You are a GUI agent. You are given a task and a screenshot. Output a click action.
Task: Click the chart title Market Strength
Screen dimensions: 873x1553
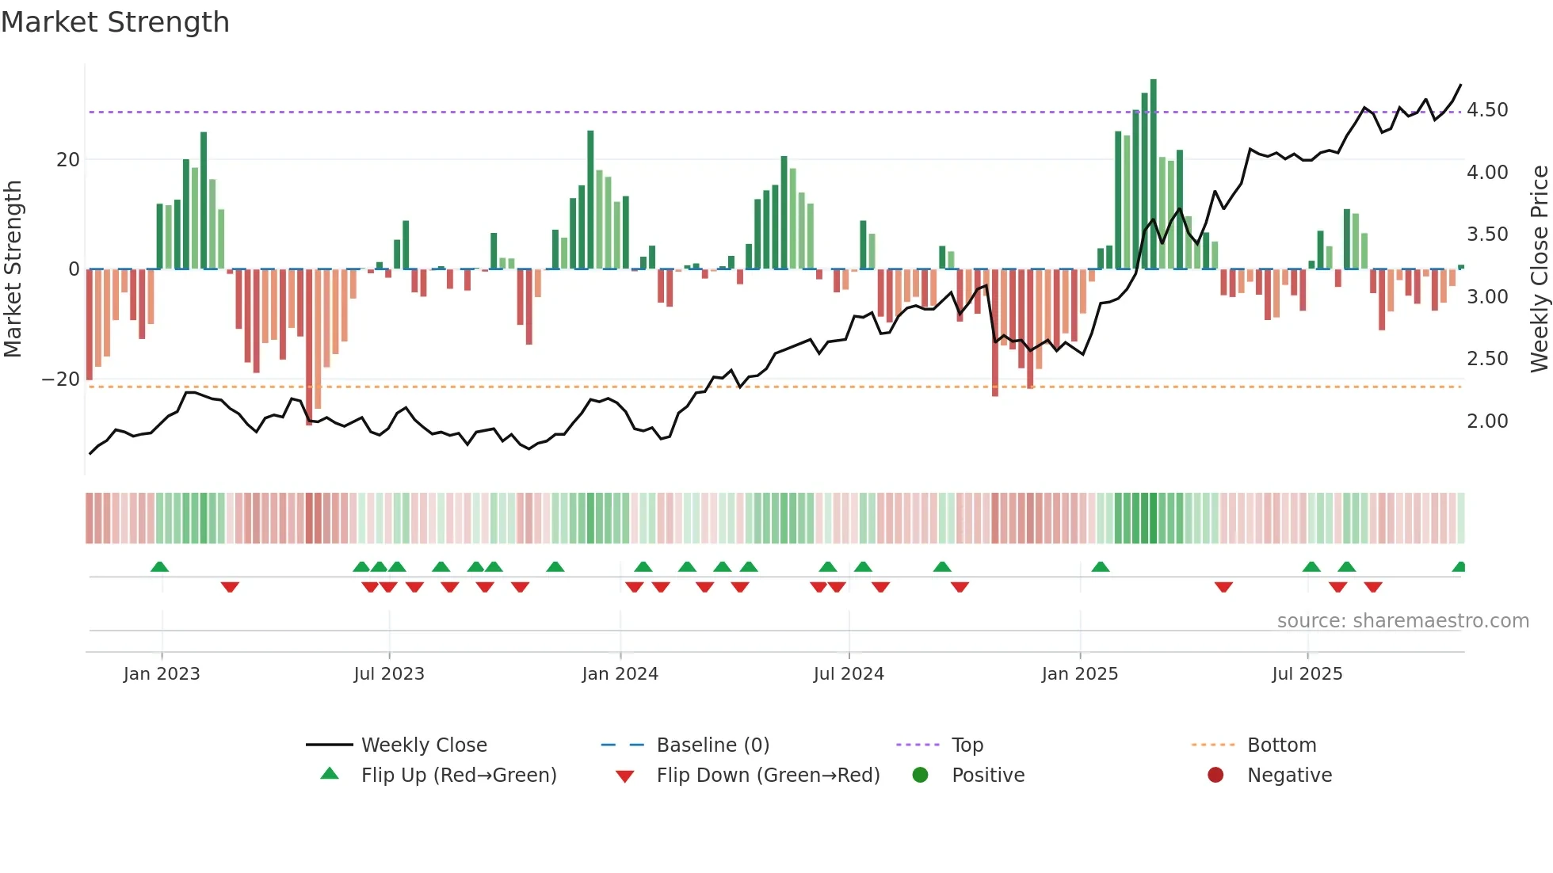tap(115, 22)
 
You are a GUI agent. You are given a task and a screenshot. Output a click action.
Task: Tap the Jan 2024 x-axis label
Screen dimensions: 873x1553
tap(620, 674)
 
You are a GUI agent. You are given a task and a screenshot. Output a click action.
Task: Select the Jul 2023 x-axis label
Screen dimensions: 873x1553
tap(388, 674)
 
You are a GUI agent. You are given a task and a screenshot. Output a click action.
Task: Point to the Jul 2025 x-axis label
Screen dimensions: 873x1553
tap(1307, 674)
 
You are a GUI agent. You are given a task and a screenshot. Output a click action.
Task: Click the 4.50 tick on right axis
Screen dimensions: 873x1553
tap(1487, 110)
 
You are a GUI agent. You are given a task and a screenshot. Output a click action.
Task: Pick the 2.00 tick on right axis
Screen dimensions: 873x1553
tap(1487, 421)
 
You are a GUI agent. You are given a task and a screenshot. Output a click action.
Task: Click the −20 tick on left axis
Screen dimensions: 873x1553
tap(60, 379)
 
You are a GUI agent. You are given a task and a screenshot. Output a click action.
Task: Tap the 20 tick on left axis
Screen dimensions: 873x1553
tap(68, 160)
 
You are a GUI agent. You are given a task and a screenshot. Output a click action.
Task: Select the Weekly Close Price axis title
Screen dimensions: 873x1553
tap(1539, 269)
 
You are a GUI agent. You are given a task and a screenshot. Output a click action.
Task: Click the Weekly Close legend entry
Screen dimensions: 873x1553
tap(423, 745)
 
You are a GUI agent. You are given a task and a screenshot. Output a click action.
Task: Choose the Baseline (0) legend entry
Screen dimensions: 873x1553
tap(712, 745)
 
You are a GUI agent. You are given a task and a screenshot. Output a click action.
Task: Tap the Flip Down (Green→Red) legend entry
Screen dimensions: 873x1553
tap(767, 776)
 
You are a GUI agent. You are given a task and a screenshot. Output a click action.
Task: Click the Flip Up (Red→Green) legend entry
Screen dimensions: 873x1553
tap(458, 776)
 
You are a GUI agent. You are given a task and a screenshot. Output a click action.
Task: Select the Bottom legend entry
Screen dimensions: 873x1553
tap(1281, 745)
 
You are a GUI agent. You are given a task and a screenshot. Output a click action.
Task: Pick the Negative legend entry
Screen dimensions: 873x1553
tap(1289, 776)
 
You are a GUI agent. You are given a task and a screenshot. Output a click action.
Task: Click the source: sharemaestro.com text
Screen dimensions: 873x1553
tap(1402, 621)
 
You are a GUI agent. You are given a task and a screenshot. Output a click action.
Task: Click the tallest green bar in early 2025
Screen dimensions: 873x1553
tap(1154, 174)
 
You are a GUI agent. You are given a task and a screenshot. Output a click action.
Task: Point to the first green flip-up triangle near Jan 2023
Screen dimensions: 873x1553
tap(159, 567)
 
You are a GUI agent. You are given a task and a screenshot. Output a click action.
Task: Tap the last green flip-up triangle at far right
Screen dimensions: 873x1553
tap(1460, 567)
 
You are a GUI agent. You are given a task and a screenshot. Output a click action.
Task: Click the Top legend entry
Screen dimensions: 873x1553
tap(967, 745)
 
